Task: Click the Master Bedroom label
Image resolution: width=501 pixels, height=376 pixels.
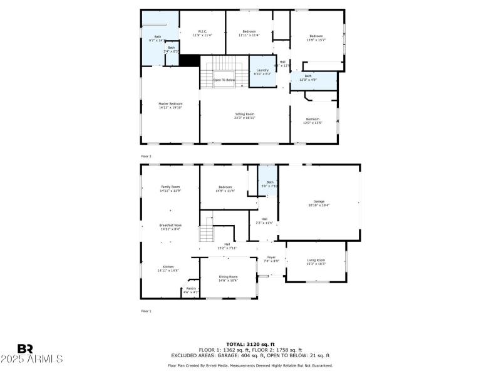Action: [170, 104]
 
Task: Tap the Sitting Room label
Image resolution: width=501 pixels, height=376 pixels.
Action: [245, 114]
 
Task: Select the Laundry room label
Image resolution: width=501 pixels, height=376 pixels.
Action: [262, 71]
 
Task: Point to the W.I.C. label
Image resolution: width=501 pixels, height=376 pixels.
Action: [202, 31]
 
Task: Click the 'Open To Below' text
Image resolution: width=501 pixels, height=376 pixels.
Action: [224, 80]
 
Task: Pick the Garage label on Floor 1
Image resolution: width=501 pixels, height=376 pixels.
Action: [319, 201]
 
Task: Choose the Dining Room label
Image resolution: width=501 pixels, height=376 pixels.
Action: [228, 276]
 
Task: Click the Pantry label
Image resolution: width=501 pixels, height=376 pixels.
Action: [190, 289]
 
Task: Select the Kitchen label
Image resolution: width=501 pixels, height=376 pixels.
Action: [168, 267]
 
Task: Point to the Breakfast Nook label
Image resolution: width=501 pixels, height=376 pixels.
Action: [170, 225]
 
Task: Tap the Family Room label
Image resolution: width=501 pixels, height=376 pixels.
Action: [170, 187]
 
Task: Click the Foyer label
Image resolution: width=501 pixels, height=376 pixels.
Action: [271, 258]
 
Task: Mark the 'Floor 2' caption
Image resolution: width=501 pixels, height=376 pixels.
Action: [146, 156]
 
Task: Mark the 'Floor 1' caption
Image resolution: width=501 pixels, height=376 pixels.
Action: [146, 311]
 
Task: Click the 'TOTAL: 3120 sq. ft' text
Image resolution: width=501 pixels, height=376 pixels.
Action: [250, 344]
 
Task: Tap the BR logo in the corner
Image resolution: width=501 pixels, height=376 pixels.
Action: [25, 348]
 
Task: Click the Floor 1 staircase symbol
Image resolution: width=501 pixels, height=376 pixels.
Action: [207, 234]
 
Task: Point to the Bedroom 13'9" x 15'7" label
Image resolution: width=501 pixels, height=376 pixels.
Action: [316, 36]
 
